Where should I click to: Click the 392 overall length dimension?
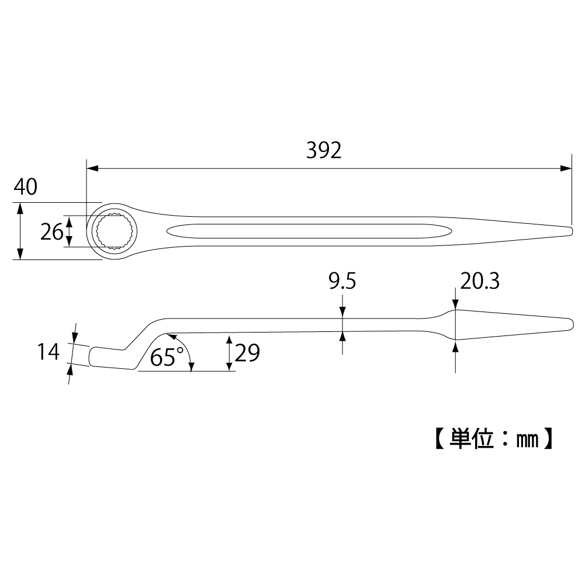tap(323, 151)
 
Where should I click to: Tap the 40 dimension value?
tap(25, 187)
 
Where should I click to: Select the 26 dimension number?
tap(52, 232)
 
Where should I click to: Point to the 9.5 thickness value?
tap(342, 282)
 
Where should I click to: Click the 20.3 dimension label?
tap(479, 282)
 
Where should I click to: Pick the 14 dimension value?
tap(49, 352)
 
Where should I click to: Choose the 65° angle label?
tap(167, 356)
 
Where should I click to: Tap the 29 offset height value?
tap(247, 352)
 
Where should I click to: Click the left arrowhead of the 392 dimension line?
tap(91, 168)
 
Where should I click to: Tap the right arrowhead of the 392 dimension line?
tap(566, 168)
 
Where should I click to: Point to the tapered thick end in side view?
tap(508, 325)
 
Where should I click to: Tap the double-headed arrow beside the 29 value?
tap(229, 353)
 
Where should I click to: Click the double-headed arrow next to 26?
tap(70, 231)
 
